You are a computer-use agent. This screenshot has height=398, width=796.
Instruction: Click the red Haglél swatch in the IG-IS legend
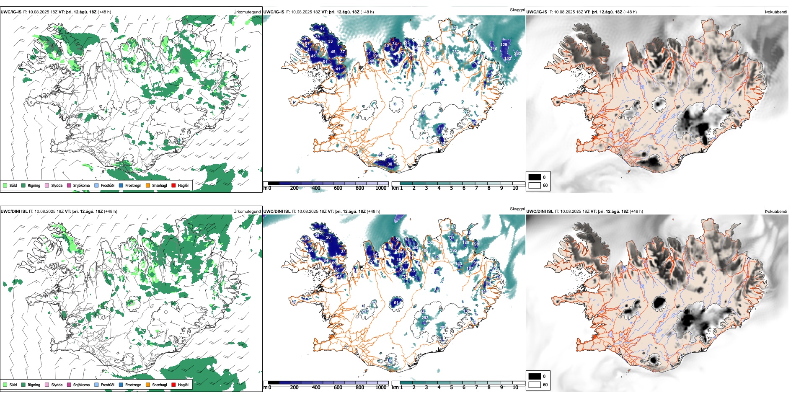[x=173, y=185]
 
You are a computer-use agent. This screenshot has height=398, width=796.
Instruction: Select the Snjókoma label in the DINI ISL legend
[x=81, y=385]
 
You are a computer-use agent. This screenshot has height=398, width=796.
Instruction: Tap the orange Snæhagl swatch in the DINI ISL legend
[x=148, y=385]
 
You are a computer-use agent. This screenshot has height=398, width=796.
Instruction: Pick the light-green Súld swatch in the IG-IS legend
[x=5, y=185]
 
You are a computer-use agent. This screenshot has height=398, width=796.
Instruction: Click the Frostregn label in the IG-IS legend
[x=133, y=185]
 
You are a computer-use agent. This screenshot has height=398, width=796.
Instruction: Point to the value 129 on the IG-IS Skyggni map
[x=504, y=44]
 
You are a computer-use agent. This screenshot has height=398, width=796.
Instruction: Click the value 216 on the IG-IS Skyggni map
[x=494, y=49]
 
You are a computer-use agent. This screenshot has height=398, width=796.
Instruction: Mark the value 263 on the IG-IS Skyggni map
[x=518, y=54]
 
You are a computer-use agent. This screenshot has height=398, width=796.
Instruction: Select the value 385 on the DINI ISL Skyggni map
[x=453, y=251]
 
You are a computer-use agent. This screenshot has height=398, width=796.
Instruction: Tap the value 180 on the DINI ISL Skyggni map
[x=466, y=243]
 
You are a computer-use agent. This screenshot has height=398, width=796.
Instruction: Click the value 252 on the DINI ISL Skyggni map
[x=430, y=243]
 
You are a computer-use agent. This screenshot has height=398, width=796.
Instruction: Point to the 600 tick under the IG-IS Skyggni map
[x=338, y=188]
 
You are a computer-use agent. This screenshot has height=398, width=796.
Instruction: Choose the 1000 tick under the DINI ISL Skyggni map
[x=381, y=388]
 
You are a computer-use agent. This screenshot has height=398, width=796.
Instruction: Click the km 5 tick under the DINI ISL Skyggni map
[x=451, y=388]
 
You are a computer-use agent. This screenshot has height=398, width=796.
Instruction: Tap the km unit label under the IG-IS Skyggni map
[x=395, y=188]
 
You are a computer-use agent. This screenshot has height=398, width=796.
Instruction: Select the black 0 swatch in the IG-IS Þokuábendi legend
[x=535, y=177]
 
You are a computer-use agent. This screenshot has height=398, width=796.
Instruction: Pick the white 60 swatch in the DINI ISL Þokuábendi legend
[x=535, y=384]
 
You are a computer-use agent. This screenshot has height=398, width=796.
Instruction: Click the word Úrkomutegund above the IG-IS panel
[x=247, y=12]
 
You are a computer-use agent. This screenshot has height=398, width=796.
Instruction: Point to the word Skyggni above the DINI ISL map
[x=517, y=209]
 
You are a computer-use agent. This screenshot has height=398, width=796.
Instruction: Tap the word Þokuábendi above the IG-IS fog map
[x=776, y=12]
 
